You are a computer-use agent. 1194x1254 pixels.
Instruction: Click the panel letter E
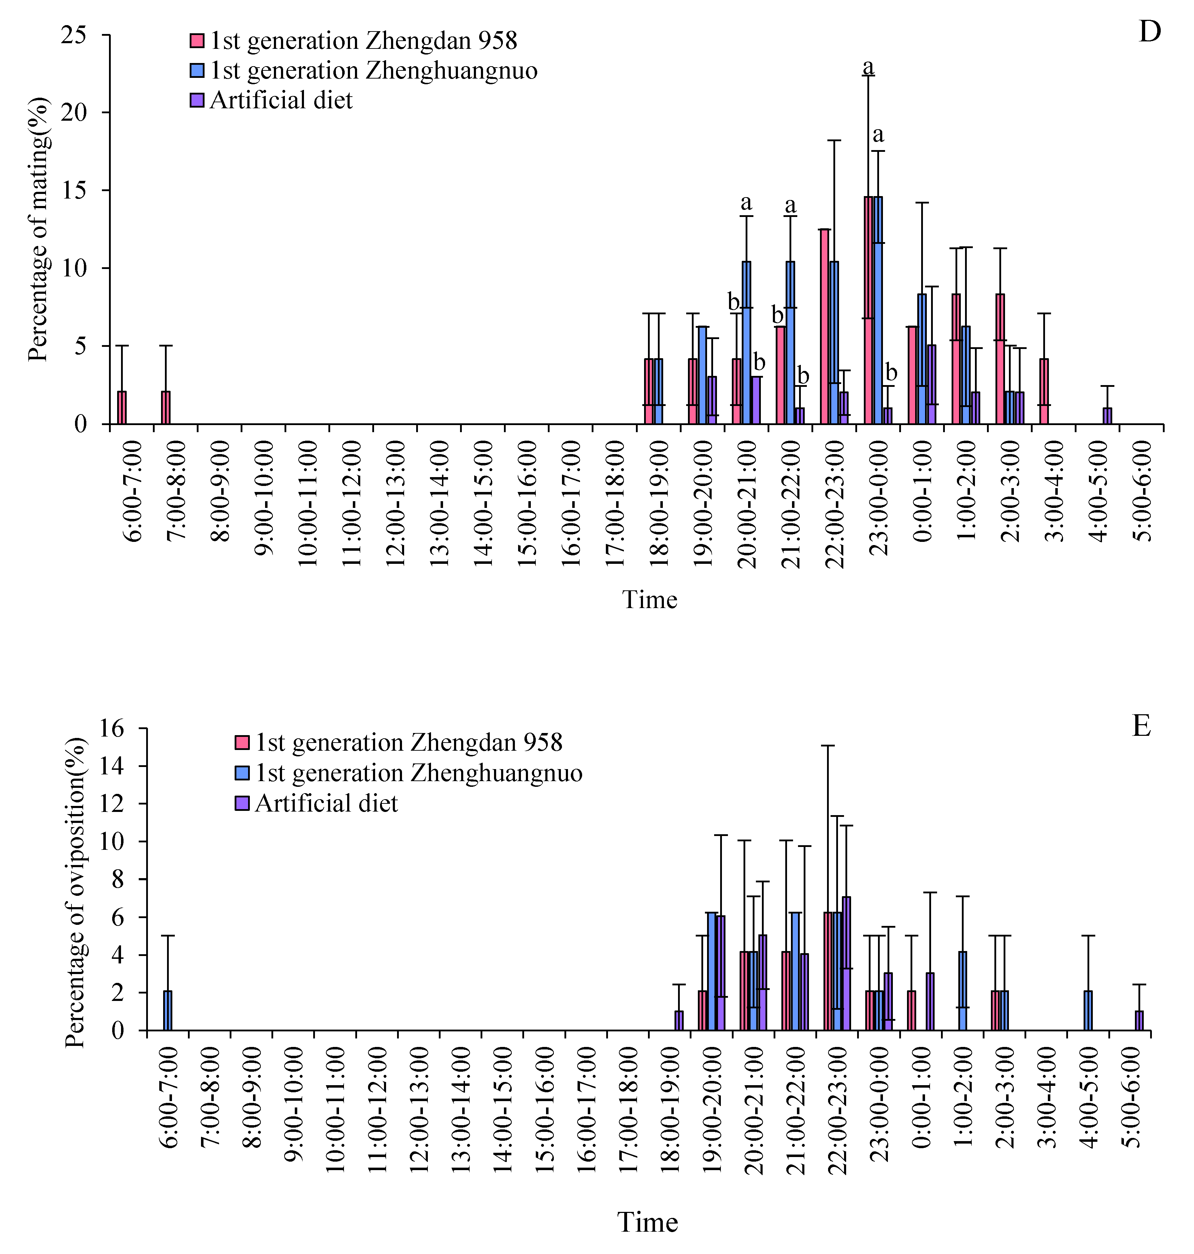tap(1141, 726)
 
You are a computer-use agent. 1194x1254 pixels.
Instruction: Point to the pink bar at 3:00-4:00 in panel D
tap(1044, 391)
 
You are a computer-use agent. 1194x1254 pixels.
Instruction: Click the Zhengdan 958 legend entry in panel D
tap(363, 41)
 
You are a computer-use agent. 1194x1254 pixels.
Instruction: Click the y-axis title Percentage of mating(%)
tap(38, 229)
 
